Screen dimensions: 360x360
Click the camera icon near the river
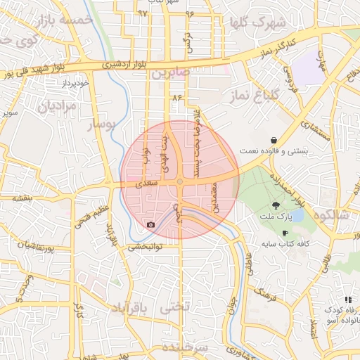click(x=150, y=225)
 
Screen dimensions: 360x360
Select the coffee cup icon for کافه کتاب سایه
click(x=285, y=233)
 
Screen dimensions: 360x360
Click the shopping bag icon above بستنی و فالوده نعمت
click(x=273, y=140)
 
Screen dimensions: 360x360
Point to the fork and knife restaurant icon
click(x=348, y=300)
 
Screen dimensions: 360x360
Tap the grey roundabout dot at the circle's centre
click(x=180, y=181)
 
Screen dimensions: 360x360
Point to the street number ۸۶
click(x=175, y=96)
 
